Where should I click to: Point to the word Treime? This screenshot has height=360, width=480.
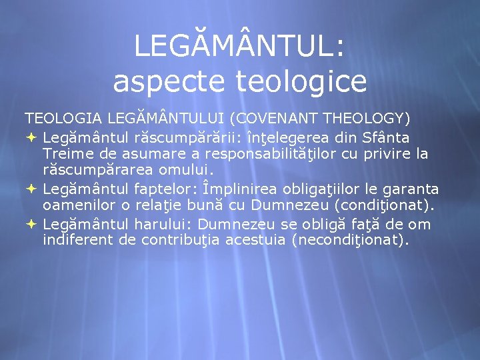pyautogui.click(x=66, y=155)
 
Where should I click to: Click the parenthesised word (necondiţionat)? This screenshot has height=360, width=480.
pyautogui.click(x=351, y=241)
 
